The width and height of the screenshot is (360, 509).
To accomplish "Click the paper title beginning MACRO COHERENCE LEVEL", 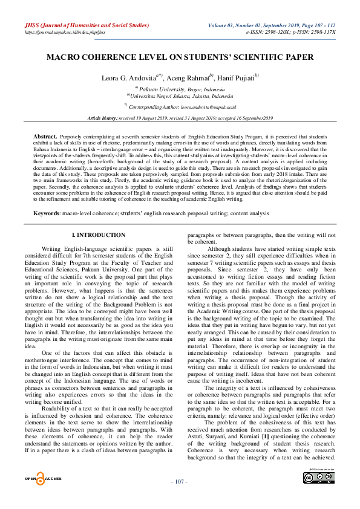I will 180,57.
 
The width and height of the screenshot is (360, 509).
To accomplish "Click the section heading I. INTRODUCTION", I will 99,235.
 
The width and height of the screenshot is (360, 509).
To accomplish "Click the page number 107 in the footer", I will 180,498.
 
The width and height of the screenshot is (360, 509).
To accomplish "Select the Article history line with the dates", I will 180,118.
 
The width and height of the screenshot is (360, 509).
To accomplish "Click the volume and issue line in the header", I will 272,25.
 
